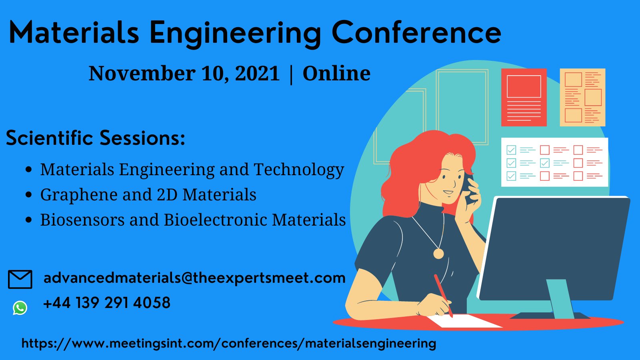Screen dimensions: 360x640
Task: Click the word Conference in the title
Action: [416, 33]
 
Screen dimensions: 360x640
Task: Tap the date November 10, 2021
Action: [184, 74]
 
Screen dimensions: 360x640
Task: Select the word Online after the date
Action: [336, 74]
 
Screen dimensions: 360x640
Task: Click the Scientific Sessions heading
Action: [96, 138]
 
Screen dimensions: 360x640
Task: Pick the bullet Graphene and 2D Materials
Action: [148, 195]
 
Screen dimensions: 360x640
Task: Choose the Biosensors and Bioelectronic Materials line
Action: [193, 220]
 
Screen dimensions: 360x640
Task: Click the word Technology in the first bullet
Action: [299, 170]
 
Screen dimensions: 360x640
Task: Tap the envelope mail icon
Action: [20, 279]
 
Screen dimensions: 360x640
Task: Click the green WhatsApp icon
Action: [20, 308]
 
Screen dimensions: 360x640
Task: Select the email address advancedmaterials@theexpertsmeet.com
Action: [194, 278]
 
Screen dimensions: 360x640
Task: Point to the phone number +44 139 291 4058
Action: [107, 303]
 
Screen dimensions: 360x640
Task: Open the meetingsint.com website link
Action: [229, 343]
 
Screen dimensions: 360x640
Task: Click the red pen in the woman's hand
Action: [443, 295]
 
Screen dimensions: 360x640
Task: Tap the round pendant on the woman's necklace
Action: [438, 254]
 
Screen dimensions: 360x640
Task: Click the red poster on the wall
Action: [524, 97]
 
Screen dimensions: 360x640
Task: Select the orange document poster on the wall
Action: [582, 97]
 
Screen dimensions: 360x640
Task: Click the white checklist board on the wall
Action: [554, 162]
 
